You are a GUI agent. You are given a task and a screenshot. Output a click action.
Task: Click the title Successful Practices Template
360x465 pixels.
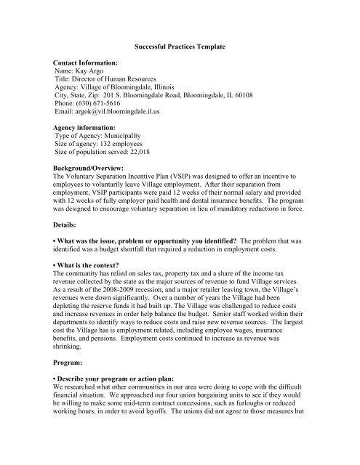click(x=180, y=46)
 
